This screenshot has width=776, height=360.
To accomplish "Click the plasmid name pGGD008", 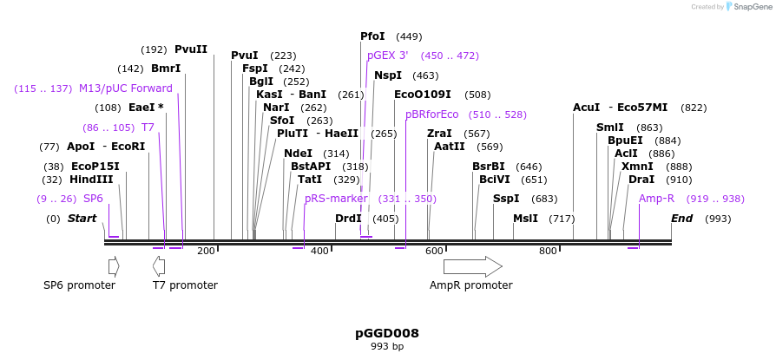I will coord(387,333).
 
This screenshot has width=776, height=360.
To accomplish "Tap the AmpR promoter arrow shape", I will coord(472,266).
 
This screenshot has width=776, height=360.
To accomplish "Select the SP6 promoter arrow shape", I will coord(114,266).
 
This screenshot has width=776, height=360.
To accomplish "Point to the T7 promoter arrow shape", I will coord(158,266).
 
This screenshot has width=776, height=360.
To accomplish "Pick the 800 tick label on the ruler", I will coord(548,252).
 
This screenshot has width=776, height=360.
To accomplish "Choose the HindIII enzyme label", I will coord(92,180).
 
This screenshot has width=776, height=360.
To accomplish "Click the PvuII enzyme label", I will coord(191,49).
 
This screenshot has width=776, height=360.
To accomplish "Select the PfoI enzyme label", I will coord(372,36).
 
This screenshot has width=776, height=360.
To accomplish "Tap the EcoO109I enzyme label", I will coord(423,95).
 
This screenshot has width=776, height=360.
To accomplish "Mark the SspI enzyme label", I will coord(506,199).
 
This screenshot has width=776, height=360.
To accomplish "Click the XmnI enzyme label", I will coord(637,167).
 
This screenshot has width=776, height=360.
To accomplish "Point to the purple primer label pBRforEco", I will coord(431,115).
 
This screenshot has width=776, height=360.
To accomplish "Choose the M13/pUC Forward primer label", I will coord(126,88).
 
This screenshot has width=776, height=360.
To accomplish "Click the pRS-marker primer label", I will coord(336,199).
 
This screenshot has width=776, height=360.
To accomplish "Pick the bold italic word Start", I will coord(82,219).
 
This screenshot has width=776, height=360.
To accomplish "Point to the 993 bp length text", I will coord(387,347).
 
